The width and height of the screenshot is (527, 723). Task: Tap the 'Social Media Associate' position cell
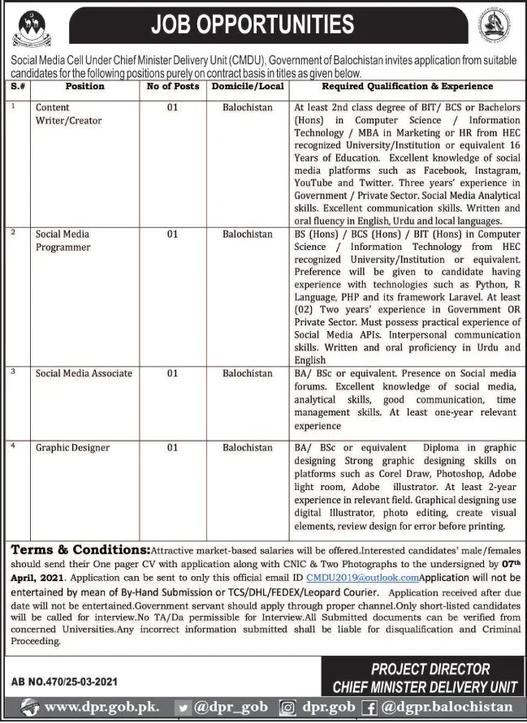84,373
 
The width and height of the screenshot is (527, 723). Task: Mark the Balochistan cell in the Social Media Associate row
248,373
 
